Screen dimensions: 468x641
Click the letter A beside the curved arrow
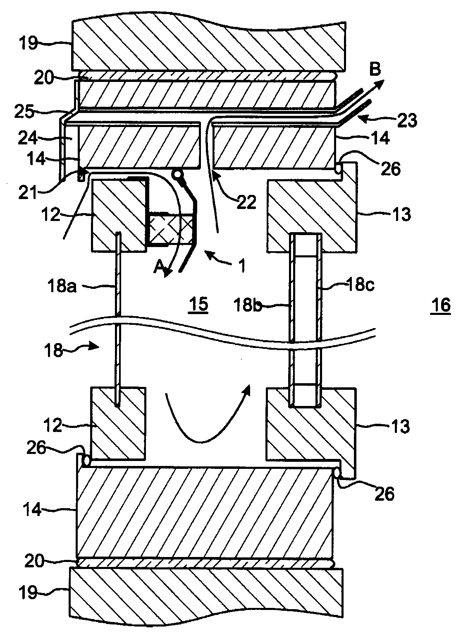pyautogui.click(x=159, y=268)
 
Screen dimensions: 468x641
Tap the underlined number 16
pyautogui.click(x=441, y=305)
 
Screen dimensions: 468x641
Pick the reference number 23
pyautogui.click(x=407, y=121)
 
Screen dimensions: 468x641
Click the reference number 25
pyautogui.click(x=24, y=112)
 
